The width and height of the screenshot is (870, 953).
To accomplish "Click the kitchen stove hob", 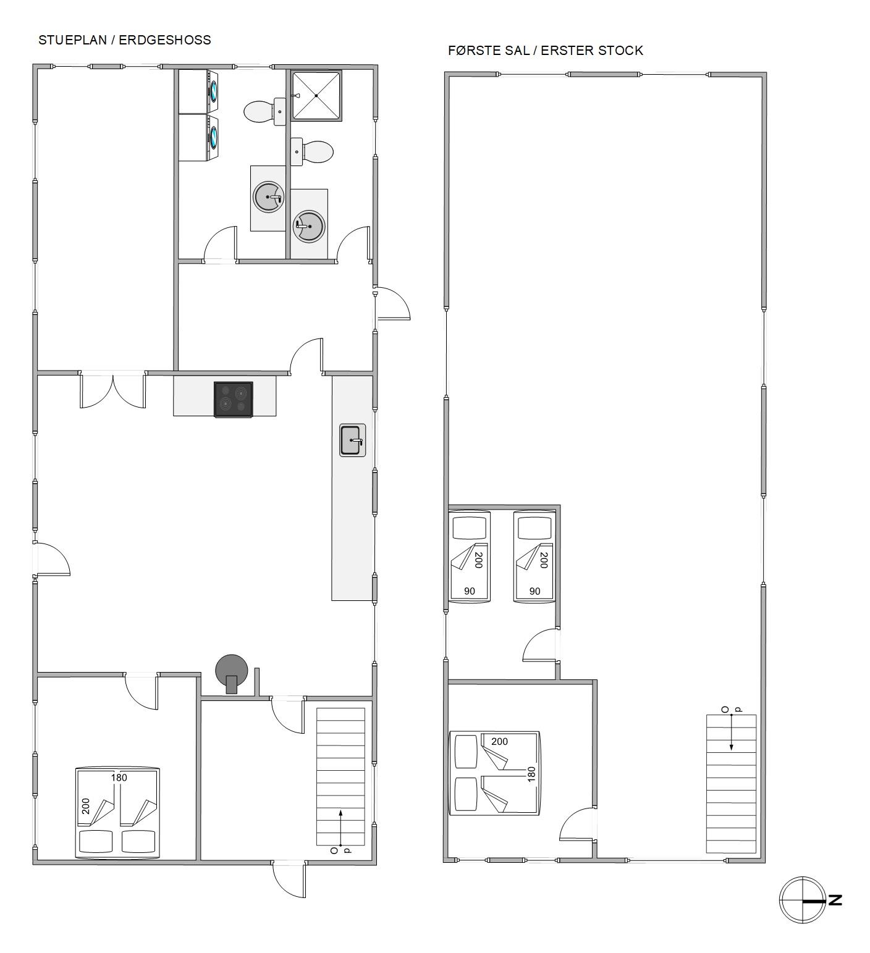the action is pos(233,400).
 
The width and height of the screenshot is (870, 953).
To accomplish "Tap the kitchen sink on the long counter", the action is pos(352,440).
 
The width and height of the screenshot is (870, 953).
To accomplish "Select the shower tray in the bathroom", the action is pos(316,96).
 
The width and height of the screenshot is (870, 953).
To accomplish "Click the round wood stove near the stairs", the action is pos(232,673).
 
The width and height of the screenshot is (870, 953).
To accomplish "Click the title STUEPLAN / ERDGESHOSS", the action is pos(125,40).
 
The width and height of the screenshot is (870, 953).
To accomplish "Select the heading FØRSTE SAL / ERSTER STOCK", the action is pos(546,51).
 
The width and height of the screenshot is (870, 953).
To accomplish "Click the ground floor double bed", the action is pos(117,813).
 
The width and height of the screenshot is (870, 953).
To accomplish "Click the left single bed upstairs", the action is pos(469,556).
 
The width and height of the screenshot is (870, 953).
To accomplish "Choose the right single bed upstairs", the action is pos(534,556).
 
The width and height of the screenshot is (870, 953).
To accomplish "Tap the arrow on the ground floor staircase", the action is pos(340,827).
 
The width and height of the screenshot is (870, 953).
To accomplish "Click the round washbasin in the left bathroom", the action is pos(269,197).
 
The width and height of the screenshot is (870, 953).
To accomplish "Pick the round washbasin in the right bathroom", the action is pos(308,226).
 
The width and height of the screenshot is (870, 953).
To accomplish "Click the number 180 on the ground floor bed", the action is pos(119,778).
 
